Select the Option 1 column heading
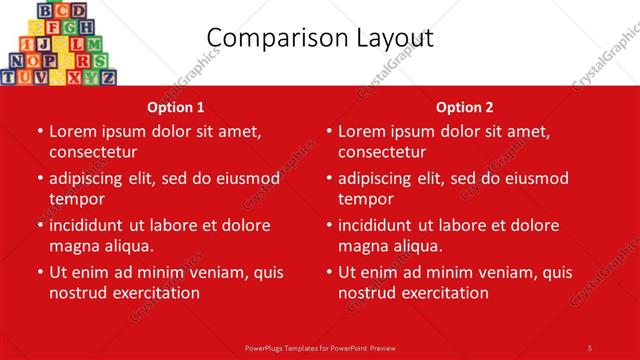tap(176, 107)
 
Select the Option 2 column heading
tap(465, 107)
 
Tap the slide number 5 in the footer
tap(589, 347)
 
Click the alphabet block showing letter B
tap(45, 11)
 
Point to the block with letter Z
tap(108, 77)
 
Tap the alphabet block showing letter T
tap(9, 77)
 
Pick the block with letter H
tap(86, 27)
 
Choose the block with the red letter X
tap(74, 77)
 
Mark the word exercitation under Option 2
tap(440, 293)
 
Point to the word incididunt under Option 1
tap(88, 225)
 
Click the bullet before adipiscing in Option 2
tap(329, 179)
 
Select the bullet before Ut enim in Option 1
tap(40, 272)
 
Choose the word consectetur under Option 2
tap(382, 152)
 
